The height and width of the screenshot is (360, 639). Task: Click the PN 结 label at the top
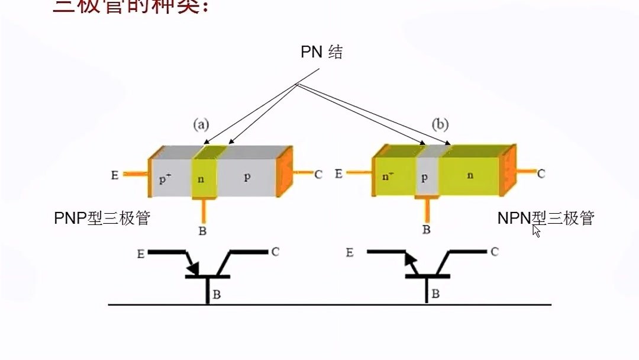click(321, 52)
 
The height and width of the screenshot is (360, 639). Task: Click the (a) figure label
click(202, 124)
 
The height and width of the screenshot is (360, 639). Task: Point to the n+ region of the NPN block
click(388, 176)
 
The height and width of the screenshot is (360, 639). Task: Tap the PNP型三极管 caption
click(102, 218)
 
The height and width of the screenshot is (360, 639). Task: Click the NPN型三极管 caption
click(545, 218)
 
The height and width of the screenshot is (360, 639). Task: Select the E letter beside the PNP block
click(115, 175)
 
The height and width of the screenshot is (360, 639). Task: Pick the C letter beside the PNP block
click(318, 175)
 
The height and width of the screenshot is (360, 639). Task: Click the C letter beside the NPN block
click(541, 173)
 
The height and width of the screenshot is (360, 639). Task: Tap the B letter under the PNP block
click(202, 231)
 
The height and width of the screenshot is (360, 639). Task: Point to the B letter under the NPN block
click(426, 230)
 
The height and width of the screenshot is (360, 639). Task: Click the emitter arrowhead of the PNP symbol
click(193, 269)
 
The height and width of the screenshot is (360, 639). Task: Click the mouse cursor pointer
click(536, 231)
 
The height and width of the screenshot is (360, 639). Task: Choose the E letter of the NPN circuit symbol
click(350, 253)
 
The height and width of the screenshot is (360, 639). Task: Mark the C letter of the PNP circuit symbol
click(275, 252)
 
